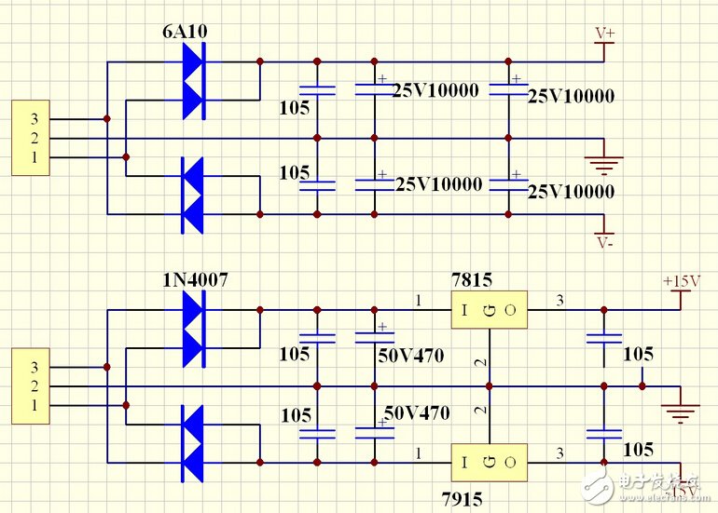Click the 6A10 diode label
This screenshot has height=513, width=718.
185,31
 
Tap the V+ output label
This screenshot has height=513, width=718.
605,34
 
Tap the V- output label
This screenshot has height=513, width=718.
605,243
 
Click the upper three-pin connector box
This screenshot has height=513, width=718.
30,139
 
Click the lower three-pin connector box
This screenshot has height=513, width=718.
30,385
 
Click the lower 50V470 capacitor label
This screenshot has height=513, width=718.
417,412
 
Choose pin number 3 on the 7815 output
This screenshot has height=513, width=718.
560,300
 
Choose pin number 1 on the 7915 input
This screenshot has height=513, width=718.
419,453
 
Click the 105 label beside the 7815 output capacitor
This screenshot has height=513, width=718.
639,354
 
